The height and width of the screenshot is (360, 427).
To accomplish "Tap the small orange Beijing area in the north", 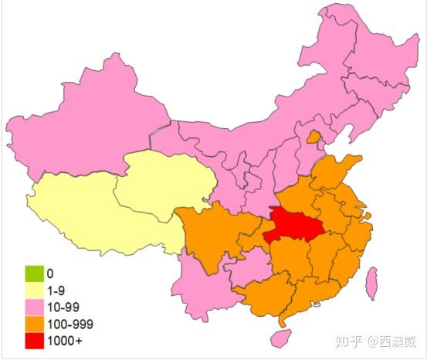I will click(313, 138).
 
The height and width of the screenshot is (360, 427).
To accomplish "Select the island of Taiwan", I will click(371, 283).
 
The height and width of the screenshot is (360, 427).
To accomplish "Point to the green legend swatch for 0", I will click(34, 273).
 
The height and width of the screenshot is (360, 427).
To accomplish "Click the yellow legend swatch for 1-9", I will click(34, 290).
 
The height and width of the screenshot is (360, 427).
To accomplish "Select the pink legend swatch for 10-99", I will click(34, 307).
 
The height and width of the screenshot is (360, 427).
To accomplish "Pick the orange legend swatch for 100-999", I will click(34, 324).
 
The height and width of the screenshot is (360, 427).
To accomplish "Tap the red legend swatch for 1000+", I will click(34, 341).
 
